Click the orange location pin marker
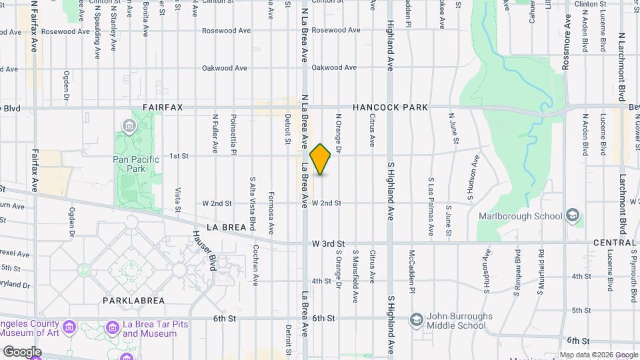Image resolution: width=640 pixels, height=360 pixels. [x=320, y=159]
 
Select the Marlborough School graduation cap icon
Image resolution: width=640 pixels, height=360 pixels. [x=572, y=215]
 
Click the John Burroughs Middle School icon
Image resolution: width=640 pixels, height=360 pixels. [x=417, y=321]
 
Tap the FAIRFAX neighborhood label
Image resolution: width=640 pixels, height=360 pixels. [x=163, y=107]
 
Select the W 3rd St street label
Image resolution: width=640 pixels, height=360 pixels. [x=327, y=245]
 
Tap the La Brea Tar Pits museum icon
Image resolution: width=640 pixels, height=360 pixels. [x=112, y=329]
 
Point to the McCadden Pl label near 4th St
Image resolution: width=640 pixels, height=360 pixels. [x=412, y=273]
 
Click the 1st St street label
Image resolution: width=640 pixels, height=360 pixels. [x=179, y=156]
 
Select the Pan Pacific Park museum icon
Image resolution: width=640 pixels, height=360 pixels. [x=128, y=126]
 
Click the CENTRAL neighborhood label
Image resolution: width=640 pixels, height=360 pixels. [x=614, y=243]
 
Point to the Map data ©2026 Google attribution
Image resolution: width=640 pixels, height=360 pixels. [x=598, y=355]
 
